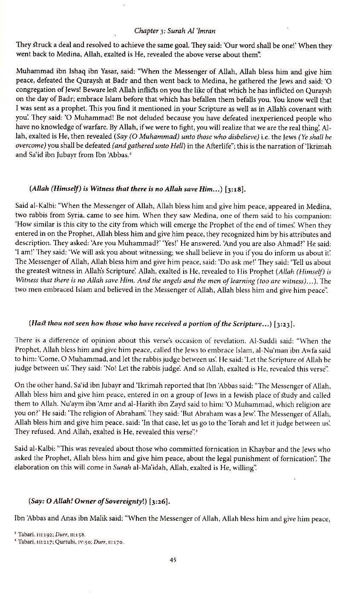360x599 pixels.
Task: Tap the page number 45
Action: [173, 560]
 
